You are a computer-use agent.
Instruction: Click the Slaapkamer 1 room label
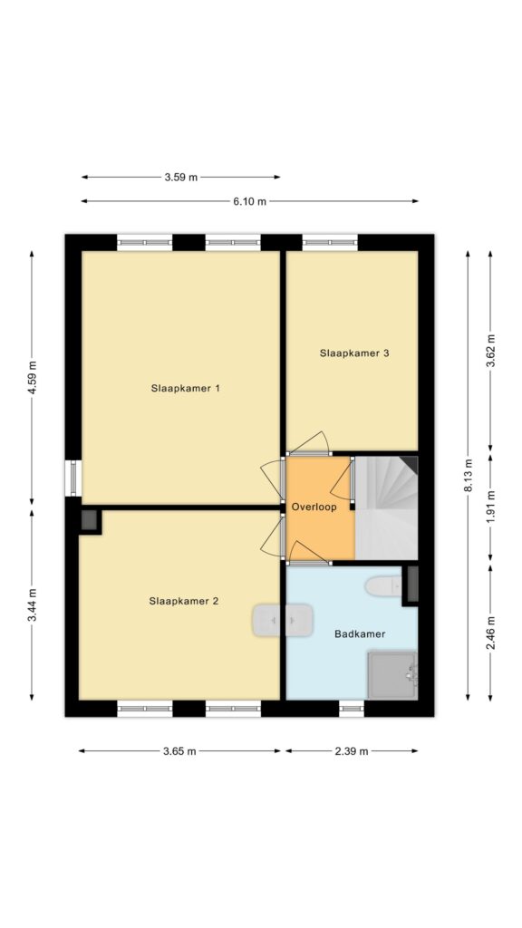click(185, 389)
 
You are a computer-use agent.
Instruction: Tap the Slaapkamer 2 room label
click(183, 602)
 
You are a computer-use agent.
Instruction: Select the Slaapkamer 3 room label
click(354, 353)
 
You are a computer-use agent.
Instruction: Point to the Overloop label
click(314, 507)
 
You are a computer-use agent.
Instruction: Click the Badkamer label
click(360, 633)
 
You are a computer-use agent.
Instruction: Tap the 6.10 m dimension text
click(249, 201)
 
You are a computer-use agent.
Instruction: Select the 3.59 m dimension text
click(181, 177)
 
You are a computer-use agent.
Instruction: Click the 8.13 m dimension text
click(469, 475)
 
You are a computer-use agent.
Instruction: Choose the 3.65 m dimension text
click(179, 751)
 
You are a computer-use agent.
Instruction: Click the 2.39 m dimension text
click(352, 751)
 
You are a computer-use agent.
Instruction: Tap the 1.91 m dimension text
click(490, 507)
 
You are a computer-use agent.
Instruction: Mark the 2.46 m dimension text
click(490, 633)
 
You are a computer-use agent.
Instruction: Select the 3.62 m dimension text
click(490, 351)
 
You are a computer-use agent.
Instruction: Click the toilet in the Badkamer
click(383, 586)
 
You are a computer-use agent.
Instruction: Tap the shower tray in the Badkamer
click(393, 675)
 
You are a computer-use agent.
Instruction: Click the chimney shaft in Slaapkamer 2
click(90, 521)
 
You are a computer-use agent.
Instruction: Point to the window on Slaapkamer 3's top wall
click(330, 242)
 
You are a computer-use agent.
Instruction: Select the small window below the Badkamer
click(352, 708)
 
